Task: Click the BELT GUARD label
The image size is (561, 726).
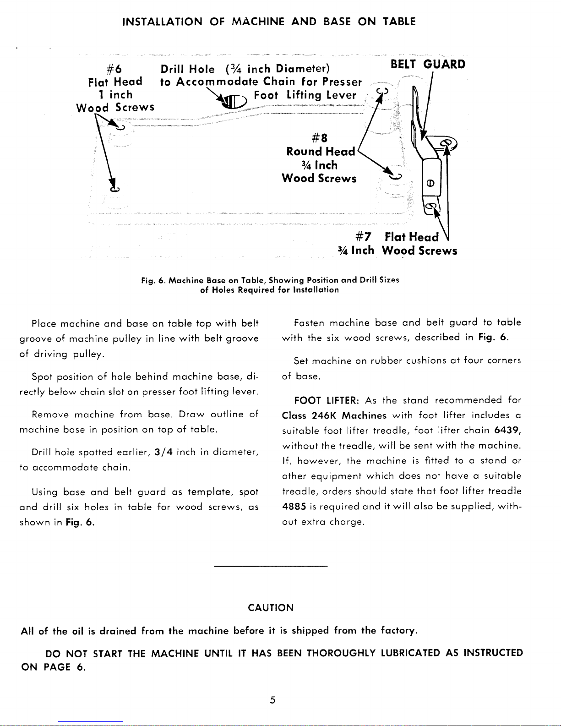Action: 428,64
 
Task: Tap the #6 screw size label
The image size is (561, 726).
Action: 114,69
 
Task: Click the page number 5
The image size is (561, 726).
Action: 272,700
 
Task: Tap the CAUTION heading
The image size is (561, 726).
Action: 270,608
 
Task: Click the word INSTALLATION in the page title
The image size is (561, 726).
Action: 163,22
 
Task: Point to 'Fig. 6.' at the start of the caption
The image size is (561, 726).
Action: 153,280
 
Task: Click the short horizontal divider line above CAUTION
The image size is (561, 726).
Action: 271,567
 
